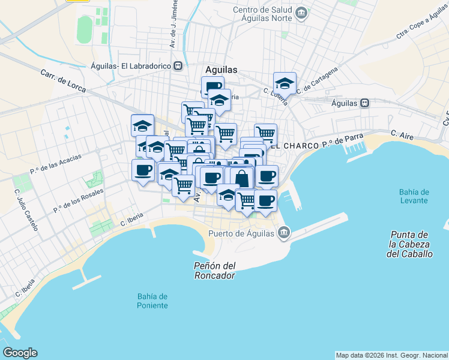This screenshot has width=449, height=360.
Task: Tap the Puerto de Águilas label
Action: coord(241,234)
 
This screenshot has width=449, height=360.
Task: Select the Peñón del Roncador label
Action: coord(214,271)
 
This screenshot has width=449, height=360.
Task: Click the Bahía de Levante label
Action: coord(414,196)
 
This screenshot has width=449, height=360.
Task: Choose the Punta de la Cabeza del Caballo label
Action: coord(411,244)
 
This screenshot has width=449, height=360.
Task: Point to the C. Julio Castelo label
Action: coord(26,210)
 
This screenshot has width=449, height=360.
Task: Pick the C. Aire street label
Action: coord(402,135)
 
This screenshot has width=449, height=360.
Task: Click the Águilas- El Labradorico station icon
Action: coord(178,67)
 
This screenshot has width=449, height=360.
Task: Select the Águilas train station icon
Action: coord(364,103)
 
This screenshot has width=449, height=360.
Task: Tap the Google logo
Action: coord(20,353)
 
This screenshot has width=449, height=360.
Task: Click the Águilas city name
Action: coord(221,70)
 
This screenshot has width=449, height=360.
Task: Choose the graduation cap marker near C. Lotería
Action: coord(285,83)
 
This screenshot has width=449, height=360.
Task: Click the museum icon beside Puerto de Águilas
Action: coord(284,233)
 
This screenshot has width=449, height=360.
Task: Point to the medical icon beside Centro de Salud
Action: coord(302,12)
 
